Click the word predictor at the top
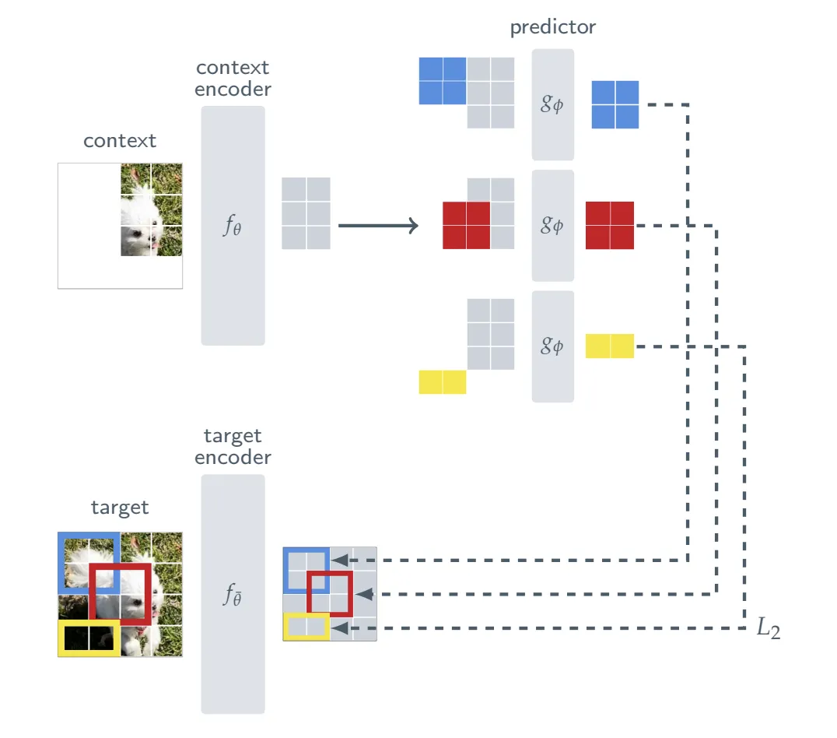(x=552, y=28)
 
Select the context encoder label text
(x=233, y=79)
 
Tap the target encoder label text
(x=233, y=447)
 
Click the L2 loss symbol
(x=768, y=629)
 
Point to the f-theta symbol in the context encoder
(x=233, y=227)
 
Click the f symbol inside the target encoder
(x=233, y=596)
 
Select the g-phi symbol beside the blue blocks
(x=552, y=104)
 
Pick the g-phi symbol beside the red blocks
(x=552, y=225)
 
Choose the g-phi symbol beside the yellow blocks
(x=552, y=346)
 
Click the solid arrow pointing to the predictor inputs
(x=378, y=226)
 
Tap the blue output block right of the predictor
(x=615, y=104)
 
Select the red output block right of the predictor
(x=610, y=225)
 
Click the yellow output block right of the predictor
(x=610, y=346)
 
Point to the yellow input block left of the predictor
(x=443, y=382)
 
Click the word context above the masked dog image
(x=120, y=141)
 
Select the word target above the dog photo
(x=120, y=508)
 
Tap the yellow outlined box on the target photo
(x=89, y=638)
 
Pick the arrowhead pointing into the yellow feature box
(x=338, y=627)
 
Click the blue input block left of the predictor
(x=443, y=81)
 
